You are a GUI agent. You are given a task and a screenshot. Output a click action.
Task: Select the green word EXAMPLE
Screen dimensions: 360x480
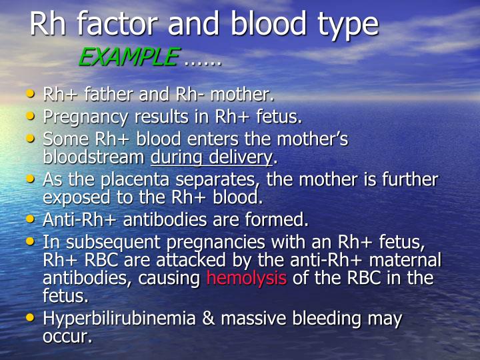coord(128,58)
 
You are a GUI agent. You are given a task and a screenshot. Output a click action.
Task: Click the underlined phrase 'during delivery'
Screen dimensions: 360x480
coord(212,157)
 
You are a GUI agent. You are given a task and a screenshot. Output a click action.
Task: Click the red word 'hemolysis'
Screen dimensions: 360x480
coord(247,277)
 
